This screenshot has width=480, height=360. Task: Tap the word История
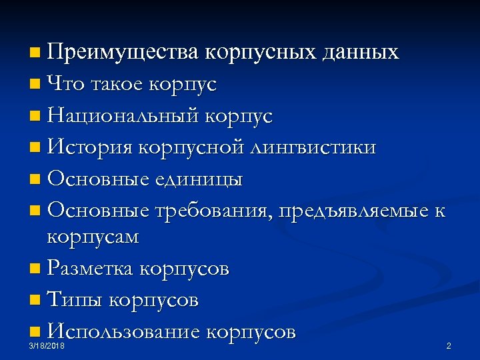91,147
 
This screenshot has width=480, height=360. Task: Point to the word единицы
202,179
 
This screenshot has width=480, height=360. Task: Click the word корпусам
94,238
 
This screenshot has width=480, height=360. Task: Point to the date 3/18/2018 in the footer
47,347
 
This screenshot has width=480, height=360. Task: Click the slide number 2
449,347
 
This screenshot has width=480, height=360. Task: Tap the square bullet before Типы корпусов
35,301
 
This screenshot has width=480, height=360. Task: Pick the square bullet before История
35,148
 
